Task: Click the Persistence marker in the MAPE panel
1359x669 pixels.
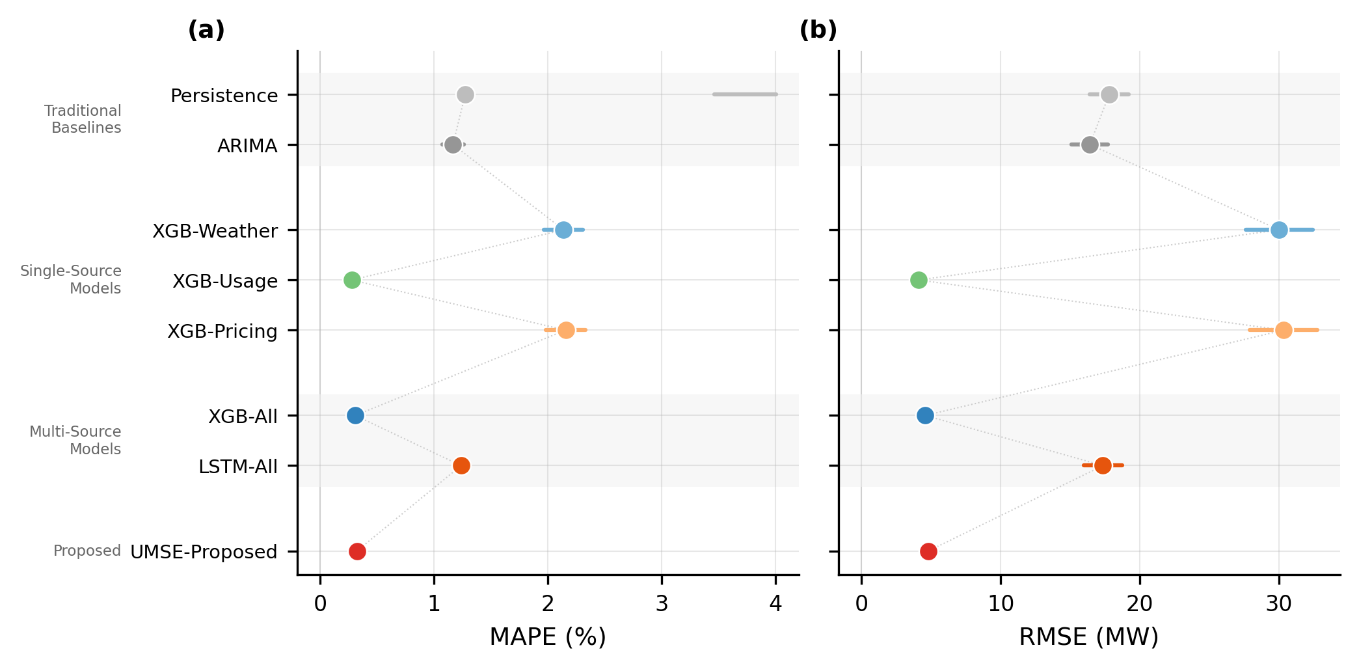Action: click(x=465, y=95)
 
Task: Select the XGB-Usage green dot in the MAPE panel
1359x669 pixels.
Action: click(x=352, y=280)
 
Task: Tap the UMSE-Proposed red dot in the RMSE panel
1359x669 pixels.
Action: click(x=928, y=552)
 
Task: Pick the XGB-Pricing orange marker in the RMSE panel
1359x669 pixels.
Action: click(x=1284, y=331)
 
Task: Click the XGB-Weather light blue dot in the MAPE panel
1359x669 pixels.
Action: click(x=563, y=230)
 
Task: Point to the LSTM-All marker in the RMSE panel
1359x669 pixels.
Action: click(x=1103, y=466)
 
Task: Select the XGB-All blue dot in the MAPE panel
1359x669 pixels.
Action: click(x=355, y=416)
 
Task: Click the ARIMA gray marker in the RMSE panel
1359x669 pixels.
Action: click(x=1090, y=145)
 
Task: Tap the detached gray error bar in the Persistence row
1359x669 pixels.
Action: click(x=745, y=95)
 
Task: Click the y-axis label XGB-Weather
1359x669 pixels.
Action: click(x=215, y=231)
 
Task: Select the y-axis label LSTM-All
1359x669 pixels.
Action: click(x=237, y=467)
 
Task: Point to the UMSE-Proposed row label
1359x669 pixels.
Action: click(x=204, y=552)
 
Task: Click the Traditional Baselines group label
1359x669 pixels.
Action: click(x=83, y=119)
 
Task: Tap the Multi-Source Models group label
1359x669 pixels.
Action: click(x=76, y=441)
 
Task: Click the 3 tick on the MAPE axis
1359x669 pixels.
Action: click(x=662, y=605)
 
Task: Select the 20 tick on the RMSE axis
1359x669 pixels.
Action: click(x=1140, y=605)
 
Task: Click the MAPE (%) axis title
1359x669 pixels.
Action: click(x=548, y=637)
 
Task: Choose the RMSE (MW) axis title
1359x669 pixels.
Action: click(x=1089, y=637)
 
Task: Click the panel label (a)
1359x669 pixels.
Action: click(x=206, y=30)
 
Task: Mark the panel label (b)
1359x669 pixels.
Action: click(x=818, y=30)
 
